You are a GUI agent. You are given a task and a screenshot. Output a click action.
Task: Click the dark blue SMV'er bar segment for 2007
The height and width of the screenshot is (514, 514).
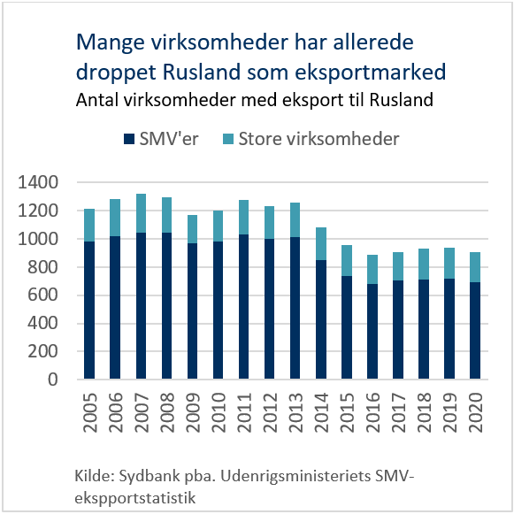(x=141, y=306)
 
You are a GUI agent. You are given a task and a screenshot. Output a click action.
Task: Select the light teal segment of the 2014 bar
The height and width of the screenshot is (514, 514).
(x=321, y=243)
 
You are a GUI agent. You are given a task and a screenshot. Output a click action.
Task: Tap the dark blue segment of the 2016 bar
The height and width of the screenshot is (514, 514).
(x=372, y=332)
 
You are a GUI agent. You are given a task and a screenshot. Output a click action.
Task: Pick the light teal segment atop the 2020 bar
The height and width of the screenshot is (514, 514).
(x=475, y=267)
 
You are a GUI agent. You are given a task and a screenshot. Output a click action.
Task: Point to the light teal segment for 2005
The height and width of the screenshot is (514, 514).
(x=89, y=226)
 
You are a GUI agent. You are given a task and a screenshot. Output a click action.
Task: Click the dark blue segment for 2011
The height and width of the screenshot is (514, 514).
(x=244, y=307)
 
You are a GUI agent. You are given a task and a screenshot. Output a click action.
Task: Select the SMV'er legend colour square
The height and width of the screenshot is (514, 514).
(x=129, y=139)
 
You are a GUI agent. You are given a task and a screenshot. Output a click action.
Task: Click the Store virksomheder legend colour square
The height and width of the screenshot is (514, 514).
(x=228, y=139)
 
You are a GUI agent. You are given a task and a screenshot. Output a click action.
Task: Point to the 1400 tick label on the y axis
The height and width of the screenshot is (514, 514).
(x=38, y=182)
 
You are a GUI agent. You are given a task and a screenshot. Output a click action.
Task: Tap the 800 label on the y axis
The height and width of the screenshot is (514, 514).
(x=43, y=267)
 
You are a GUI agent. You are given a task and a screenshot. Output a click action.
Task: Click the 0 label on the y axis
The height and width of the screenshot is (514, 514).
(x=53, y=380)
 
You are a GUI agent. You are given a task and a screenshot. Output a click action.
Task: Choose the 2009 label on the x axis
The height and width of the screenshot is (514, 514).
(x=193, y=412)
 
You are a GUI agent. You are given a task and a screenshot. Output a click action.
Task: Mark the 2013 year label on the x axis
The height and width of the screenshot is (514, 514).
(x=295, y=412)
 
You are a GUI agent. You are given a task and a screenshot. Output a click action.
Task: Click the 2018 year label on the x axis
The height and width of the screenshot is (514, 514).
(x=424, y=412)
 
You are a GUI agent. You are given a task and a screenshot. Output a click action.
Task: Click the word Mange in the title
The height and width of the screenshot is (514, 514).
(x=111, y=43)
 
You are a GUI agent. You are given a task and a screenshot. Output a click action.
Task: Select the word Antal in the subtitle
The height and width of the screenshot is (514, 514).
(x=97, y=100)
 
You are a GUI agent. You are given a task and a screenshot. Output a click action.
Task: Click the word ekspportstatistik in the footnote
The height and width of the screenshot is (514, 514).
(x=135, y=498)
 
